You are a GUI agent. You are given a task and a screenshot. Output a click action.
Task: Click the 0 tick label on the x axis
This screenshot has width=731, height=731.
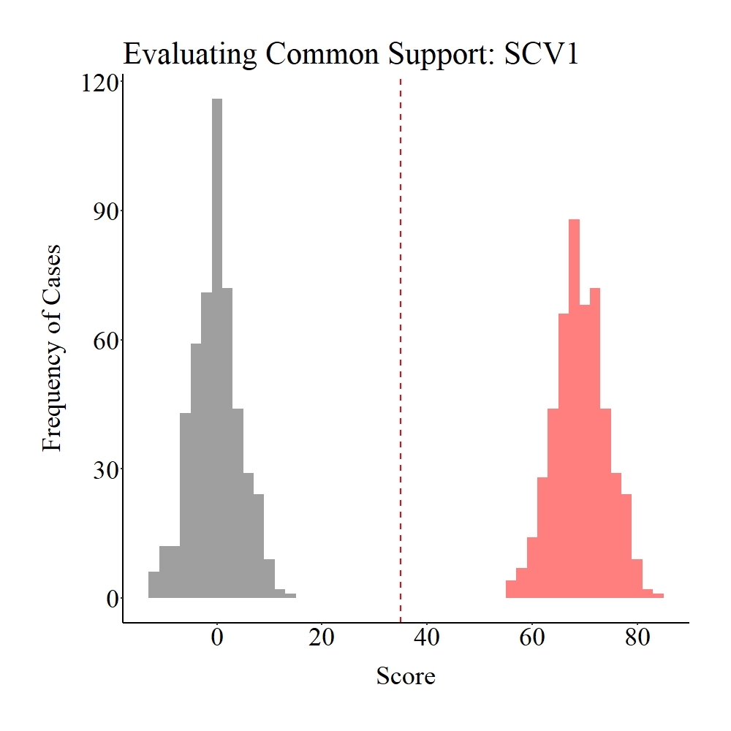point(217,637)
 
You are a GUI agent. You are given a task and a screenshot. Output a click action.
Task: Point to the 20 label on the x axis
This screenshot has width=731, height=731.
point(322,637)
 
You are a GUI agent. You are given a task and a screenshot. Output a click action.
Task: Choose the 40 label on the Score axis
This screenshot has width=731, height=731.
point(427,637)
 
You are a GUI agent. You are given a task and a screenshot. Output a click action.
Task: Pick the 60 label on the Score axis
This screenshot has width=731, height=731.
point(532,637)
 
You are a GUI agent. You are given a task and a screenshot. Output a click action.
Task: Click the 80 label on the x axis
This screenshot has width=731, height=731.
point(637,637)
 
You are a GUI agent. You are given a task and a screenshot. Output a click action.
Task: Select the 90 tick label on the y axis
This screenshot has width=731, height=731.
point(104,211)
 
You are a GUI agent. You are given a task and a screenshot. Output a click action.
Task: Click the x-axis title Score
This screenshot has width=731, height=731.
point(406,676)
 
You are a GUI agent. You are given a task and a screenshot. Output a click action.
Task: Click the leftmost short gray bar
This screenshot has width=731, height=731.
point(154,585)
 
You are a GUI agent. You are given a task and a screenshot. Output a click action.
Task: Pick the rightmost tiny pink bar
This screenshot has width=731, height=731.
point(659,596)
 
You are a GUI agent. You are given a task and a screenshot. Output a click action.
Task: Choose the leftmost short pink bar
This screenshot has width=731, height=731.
point(511,589)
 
